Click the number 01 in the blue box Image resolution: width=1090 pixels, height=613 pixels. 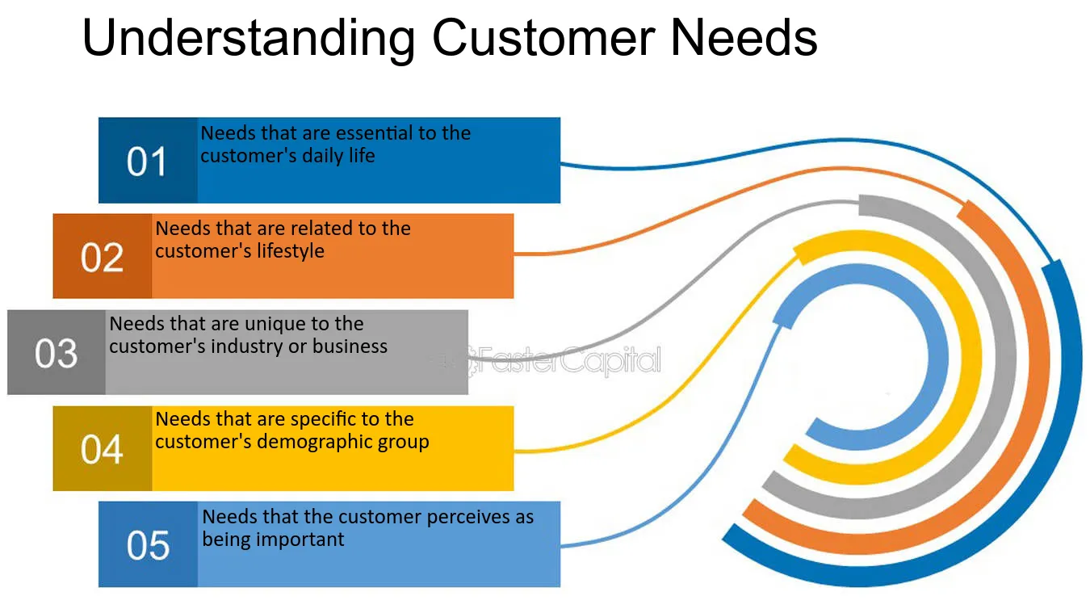(x=146, y=162)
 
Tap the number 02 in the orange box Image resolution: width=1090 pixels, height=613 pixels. (x=102, y=258)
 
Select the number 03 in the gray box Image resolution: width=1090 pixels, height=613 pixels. (x=56, y=354)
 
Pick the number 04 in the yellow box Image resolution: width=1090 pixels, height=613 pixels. (x=102, y=450)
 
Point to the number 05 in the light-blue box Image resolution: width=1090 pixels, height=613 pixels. (x=148, y=546)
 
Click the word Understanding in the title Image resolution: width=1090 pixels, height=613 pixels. (x=248, y=39)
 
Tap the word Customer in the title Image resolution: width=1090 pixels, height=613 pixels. (x=546, y=37)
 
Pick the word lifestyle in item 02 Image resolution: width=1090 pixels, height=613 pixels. (x=286, y=251)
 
